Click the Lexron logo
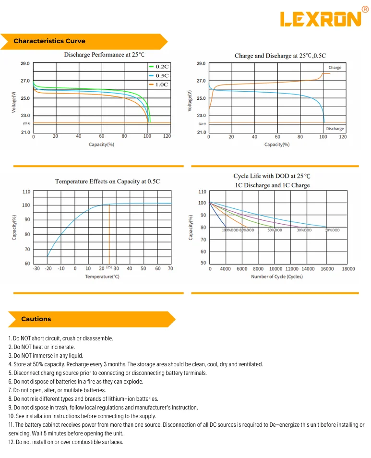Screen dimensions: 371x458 click(324, 18)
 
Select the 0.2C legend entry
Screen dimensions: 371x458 click(159, 67)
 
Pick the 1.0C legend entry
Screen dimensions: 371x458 click(159, 84)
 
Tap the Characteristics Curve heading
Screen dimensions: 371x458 click(49, 41)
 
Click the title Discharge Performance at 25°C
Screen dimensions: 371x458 click(104, 55)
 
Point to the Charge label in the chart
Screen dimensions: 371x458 click(335, 68)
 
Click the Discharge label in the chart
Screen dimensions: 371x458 click(335, 129)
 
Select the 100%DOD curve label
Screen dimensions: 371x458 click(230, 230)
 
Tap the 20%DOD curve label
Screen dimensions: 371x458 click(333, 230)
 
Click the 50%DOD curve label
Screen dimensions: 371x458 click(275, 230)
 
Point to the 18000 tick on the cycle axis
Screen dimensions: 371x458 click(348, 269)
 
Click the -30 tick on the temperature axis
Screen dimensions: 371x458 click(36, 268)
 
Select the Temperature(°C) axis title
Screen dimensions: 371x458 click(102, 277)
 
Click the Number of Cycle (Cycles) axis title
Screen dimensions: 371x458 click(277, 277)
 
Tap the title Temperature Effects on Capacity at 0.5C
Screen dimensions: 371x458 click(108, 181)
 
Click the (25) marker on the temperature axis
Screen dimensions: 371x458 click(109, 267)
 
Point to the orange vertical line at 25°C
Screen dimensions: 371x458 click(109, 234)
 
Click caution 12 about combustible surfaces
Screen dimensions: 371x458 click(66, 442)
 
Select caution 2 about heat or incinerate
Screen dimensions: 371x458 click(41, 347)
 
